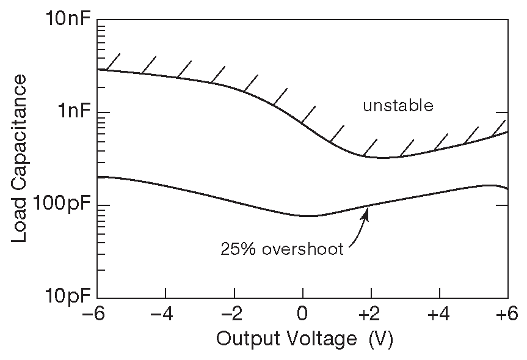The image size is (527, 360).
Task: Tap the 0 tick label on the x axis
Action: tap(303, 316)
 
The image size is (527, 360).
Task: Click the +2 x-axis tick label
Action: tap(371, 316)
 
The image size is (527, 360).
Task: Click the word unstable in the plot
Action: tap(398, 106)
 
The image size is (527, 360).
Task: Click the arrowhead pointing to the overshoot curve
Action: tap(367, 212)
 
